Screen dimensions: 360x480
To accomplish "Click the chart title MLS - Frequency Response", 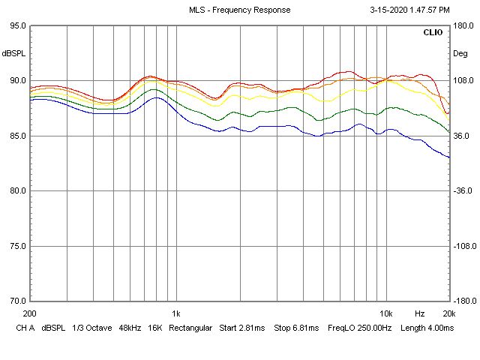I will [239, 10].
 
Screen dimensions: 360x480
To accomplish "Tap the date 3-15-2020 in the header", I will [391, 10].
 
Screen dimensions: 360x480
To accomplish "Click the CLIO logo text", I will [433, 33].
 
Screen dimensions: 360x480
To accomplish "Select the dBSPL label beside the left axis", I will [13, 53].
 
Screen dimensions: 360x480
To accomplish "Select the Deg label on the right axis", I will [460, 53].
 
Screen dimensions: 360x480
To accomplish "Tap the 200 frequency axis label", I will [30, 313].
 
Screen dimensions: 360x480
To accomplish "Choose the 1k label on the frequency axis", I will [176, 313].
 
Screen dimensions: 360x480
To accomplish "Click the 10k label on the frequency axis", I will [386, 313].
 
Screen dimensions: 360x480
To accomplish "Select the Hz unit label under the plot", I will [420, 313].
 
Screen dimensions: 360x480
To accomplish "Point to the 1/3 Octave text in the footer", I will [86, 328].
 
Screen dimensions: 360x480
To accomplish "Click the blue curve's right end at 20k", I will [448, 157].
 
